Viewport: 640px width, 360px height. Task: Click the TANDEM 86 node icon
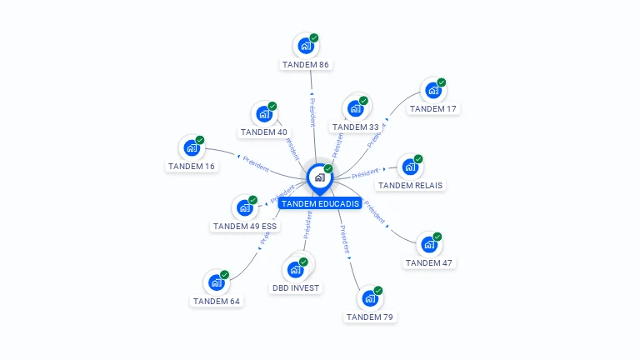pos(305,46)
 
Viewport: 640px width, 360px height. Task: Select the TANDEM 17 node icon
pos(432,90)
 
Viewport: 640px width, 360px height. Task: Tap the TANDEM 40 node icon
pos(263,114)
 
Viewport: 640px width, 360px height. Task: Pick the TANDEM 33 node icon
pos(355,108)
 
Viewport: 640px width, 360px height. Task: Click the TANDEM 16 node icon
pos(191,148)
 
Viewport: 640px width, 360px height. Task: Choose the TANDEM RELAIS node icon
pos(408,167)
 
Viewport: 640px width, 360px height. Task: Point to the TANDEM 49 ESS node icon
pos(243,207)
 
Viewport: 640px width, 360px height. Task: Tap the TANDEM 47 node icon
pos(428,244)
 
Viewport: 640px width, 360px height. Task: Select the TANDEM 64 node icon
pos(216,282)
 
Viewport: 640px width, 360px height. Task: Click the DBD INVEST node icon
pos(294,269)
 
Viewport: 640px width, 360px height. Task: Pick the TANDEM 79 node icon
pos(369,298)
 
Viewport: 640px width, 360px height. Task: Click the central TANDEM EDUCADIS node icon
pos(319,177)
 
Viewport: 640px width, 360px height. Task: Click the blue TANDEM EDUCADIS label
pos(320,203)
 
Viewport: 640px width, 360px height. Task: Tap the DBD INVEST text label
pos(296,288)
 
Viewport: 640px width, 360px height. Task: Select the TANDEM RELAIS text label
pos(410,185)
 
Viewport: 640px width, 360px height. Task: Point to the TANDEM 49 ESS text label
pos(245,226)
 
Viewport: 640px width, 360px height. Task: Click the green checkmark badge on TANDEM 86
pos(314,37)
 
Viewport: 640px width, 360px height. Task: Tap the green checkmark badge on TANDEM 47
pos(437,236)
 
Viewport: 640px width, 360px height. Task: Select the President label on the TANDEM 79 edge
pos(344,239)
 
